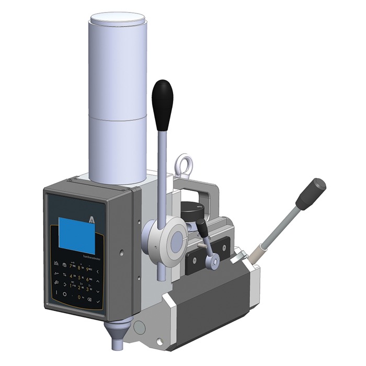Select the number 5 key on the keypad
(79, 277)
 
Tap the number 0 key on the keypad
(79, 297)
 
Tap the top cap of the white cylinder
(117, 20)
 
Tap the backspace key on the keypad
(90, 299)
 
